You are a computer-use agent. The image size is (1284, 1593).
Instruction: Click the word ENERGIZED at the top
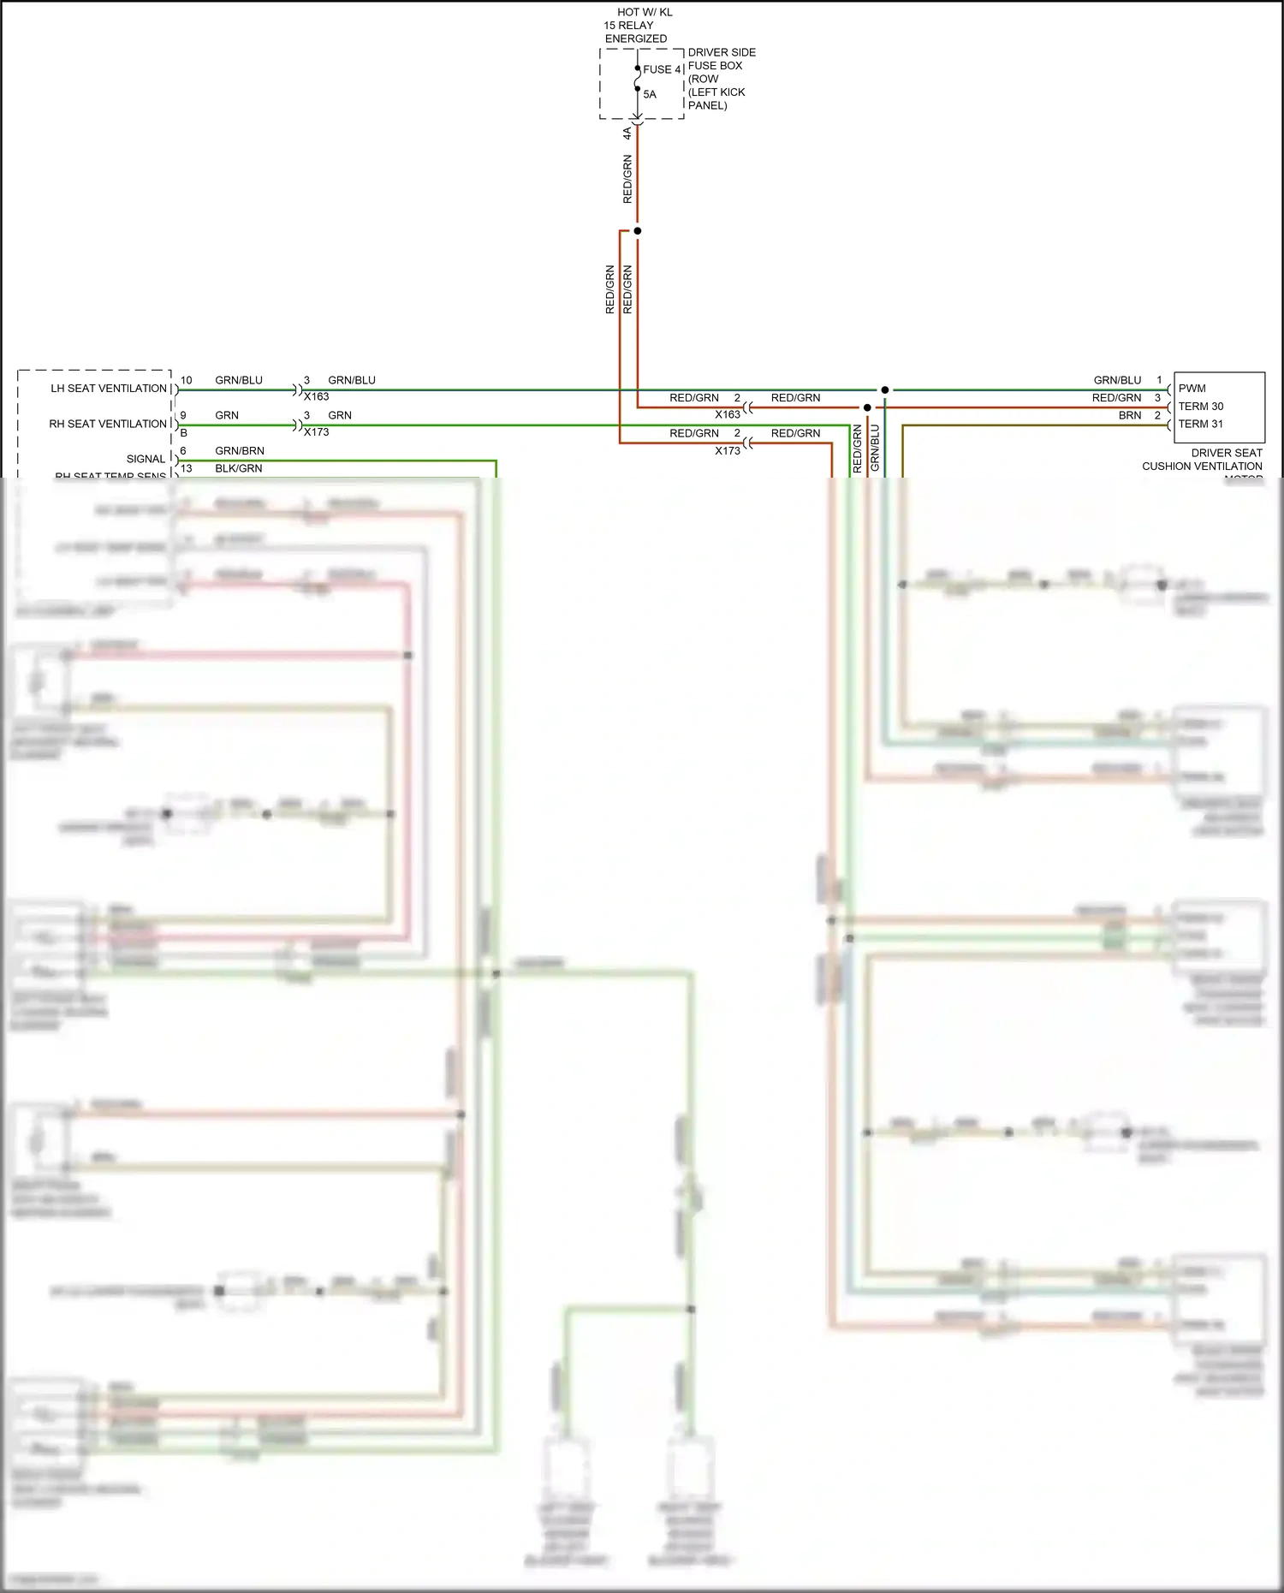[636, 39]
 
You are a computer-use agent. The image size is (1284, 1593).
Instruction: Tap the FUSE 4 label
[663, 69]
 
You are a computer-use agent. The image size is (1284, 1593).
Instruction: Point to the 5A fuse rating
[650, 94]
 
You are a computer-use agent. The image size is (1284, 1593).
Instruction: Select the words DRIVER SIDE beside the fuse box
[722, 52]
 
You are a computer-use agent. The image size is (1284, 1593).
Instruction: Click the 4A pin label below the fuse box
[627, 134]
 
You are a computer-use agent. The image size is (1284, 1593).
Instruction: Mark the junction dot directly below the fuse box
[637, 231]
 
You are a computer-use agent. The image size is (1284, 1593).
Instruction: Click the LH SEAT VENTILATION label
[109, 389]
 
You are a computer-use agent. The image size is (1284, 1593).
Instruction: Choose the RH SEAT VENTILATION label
[108, 424]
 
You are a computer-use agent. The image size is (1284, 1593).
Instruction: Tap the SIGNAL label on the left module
[146, 459]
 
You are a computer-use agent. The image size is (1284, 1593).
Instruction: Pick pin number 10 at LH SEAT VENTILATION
[186, 380]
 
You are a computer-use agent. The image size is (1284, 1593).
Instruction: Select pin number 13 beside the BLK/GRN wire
[186, 468]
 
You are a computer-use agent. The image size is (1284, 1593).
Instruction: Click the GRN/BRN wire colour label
[240, 451]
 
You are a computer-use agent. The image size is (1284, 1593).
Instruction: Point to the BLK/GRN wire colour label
[239, 468]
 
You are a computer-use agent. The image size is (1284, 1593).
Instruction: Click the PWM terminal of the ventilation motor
[1192, 389]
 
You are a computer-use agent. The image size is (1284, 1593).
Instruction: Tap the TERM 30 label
[1201, 407]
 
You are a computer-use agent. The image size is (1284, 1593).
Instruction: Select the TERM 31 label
[1201, 424]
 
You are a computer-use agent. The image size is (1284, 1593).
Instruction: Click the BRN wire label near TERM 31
[1130, 415]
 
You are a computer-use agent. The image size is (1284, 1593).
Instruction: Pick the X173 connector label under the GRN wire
[317, 432]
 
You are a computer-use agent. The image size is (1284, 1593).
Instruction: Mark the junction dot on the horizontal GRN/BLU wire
[885, 390]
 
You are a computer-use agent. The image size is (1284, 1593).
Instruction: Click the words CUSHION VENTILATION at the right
[1202, 467]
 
